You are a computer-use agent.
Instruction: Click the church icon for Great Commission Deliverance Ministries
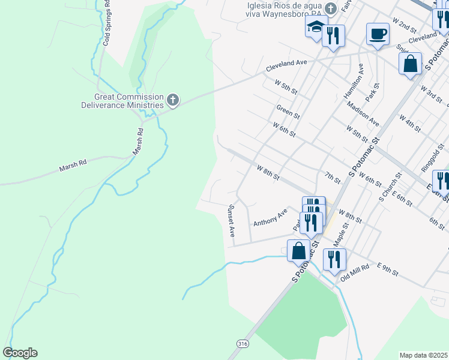[x=173, y=100]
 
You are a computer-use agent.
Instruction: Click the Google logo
[x=20, y=353]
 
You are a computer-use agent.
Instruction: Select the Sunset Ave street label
[x=231, y=221]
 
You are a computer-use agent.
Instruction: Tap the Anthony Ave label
[x=270, y=217]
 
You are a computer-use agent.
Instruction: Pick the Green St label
[x=288, y=112]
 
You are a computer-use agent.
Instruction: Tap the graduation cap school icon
[x=316, y=27]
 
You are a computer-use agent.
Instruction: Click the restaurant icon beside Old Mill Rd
[x=334, y=259]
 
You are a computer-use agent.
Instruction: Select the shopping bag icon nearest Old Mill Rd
[x=298, y=251]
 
